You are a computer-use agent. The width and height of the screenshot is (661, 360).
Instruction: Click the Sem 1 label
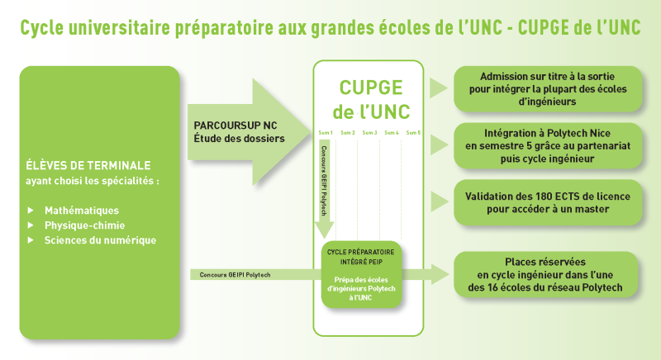coord(326,133)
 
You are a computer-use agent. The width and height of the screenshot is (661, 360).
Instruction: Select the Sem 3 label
coord(369,133)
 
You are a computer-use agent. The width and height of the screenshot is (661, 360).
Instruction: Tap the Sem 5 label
coord(413,133)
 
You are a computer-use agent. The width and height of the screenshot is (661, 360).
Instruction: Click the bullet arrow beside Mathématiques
coord(31,210)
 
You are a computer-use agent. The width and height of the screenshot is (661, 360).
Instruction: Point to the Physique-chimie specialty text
coord(85,225)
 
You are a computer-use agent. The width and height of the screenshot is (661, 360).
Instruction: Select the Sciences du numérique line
coord(100,240)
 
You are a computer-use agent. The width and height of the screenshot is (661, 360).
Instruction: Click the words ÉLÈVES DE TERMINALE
coord(88,165)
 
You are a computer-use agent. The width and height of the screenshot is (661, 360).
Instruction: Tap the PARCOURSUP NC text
coord(235,126)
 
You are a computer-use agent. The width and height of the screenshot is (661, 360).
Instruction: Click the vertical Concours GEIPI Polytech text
coord(324,181)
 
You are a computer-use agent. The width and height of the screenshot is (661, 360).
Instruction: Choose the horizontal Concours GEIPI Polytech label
coord(235,275)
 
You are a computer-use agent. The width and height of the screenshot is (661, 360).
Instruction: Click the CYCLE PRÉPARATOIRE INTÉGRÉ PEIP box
coord(361,274)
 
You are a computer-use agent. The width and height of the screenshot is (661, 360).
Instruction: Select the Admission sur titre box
coord(548,89)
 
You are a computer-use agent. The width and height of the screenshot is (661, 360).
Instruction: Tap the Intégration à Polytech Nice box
coord(548,145)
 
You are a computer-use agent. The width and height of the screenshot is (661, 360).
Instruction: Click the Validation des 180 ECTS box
coord(548,202)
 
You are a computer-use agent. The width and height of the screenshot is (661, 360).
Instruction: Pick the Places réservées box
coord(545,274)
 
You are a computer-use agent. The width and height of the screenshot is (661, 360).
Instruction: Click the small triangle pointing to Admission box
coord(439,88)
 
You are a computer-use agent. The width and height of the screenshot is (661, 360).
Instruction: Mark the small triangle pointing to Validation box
coord(440,201)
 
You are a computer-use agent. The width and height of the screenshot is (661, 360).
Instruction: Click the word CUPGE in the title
coord(543,28)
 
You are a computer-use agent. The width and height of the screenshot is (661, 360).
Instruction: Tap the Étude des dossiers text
coord(239,139)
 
